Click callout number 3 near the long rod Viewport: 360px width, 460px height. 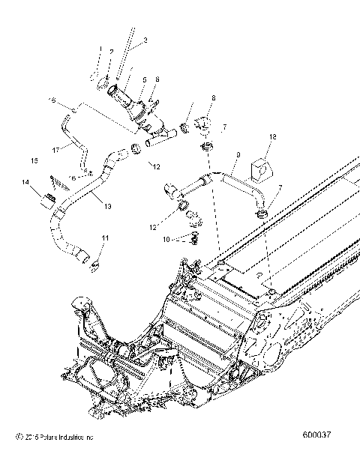[145, 39]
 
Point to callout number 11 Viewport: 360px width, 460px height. [105, 237]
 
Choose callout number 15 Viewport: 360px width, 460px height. [34, 160]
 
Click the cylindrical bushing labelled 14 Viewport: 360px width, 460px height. [49, 201]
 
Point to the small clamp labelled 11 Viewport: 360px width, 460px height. [95, 261]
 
